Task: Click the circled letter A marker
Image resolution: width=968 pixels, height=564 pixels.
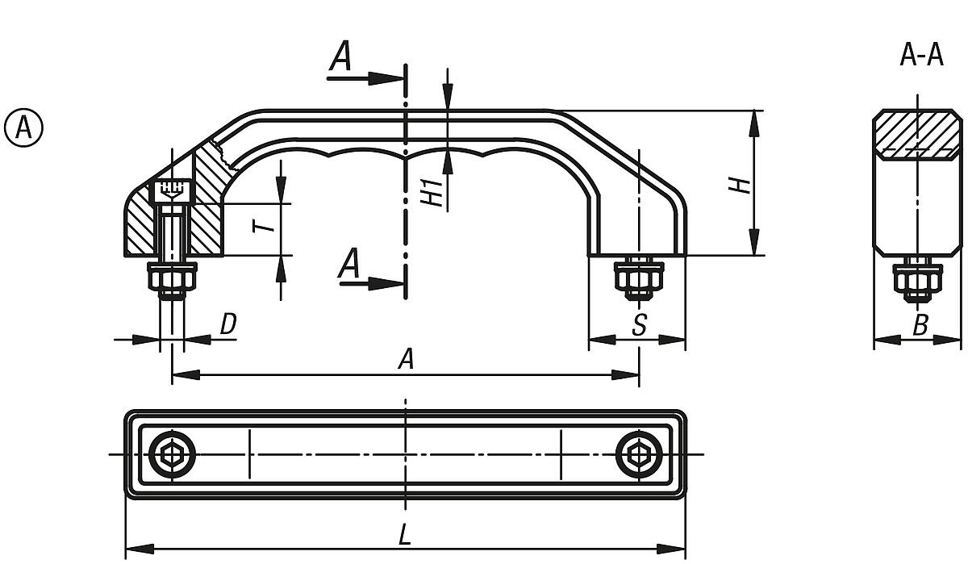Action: tap(24, 127)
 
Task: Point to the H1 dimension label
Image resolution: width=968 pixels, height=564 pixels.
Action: tap(435, 191)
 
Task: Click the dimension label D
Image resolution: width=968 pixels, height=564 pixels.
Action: tap(228, 324)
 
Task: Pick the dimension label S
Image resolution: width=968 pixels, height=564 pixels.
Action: tap(639, 325)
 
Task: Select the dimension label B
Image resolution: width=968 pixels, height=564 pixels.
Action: tap(920, 325)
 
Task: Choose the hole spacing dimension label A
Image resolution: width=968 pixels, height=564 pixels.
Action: tap(407, 359)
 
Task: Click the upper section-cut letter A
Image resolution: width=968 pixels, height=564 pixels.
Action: tap(342, 57)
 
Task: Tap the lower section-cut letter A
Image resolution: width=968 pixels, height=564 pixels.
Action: tap(348, 264)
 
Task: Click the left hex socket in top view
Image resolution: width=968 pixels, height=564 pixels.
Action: tap(171, 455)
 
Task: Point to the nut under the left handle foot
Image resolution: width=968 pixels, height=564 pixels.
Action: tap(171, 279)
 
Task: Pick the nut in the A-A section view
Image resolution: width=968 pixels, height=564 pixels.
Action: tap(918, 280)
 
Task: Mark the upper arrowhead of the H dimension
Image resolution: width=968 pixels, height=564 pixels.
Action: tap(754, 121)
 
